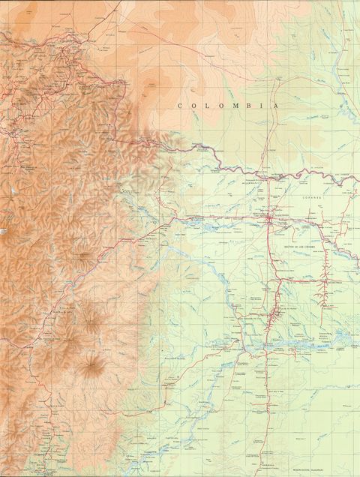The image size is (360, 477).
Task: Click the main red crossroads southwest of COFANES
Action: pos(271,218)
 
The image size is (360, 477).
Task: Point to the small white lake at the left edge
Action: pos(3,233)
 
